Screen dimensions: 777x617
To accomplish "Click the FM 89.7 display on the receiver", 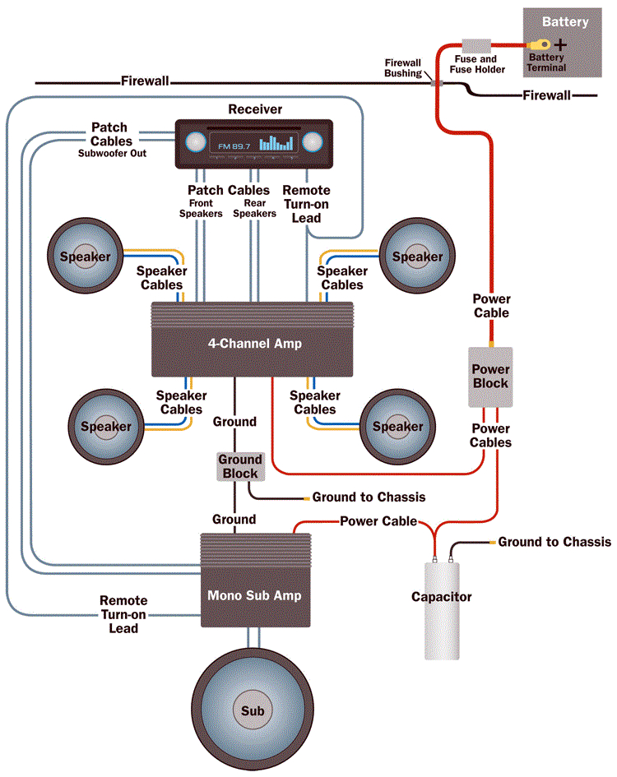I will click(233, 146).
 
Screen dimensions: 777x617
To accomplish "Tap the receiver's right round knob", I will click(313, 142).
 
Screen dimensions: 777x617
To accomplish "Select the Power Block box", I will click(490, 377).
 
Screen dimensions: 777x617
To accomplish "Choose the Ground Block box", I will click(239, 466).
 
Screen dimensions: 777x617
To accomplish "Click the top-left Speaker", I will click(85, 257).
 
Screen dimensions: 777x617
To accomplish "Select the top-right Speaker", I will click(417, 257).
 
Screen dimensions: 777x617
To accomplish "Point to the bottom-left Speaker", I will click(105, 426).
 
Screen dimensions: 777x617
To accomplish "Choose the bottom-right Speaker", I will click(397, 426).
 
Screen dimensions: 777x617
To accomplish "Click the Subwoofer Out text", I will click(113, 153).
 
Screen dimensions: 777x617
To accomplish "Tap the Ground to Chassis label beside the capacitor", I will click(554, 542).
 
